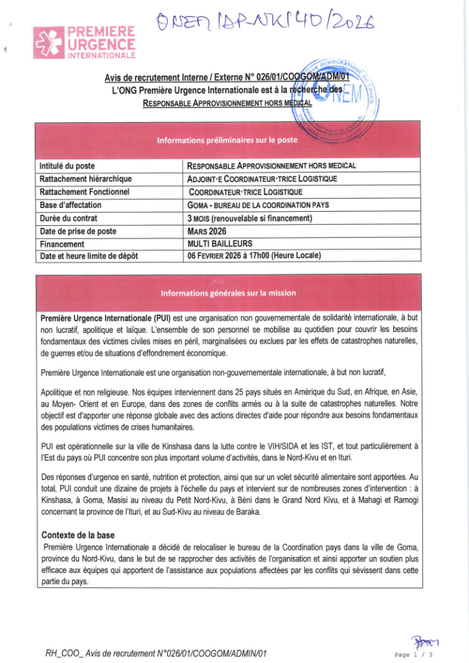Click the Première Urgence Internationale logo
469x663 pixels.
pyautogui.click(x=85, y=43)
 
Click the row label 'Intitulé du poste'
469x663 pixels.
pyautogui.click(x=67, y=166)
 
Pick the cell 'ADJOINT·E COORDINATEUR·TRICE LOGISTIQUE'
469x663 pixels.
pyautogui.click(x=262, y=179)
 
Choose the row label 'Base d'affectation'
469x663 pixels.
pyautogui.click(x=71, y=205)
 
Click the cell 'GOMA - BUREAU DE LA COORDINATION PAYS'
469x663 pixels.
pyautogui.click(x=258, y=205)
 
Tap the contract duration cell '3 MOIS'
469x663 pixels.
pyautogui.click(x=249, y=218)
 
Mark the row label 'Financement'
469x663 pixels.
pyautogui.click(x=62, y=243)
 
